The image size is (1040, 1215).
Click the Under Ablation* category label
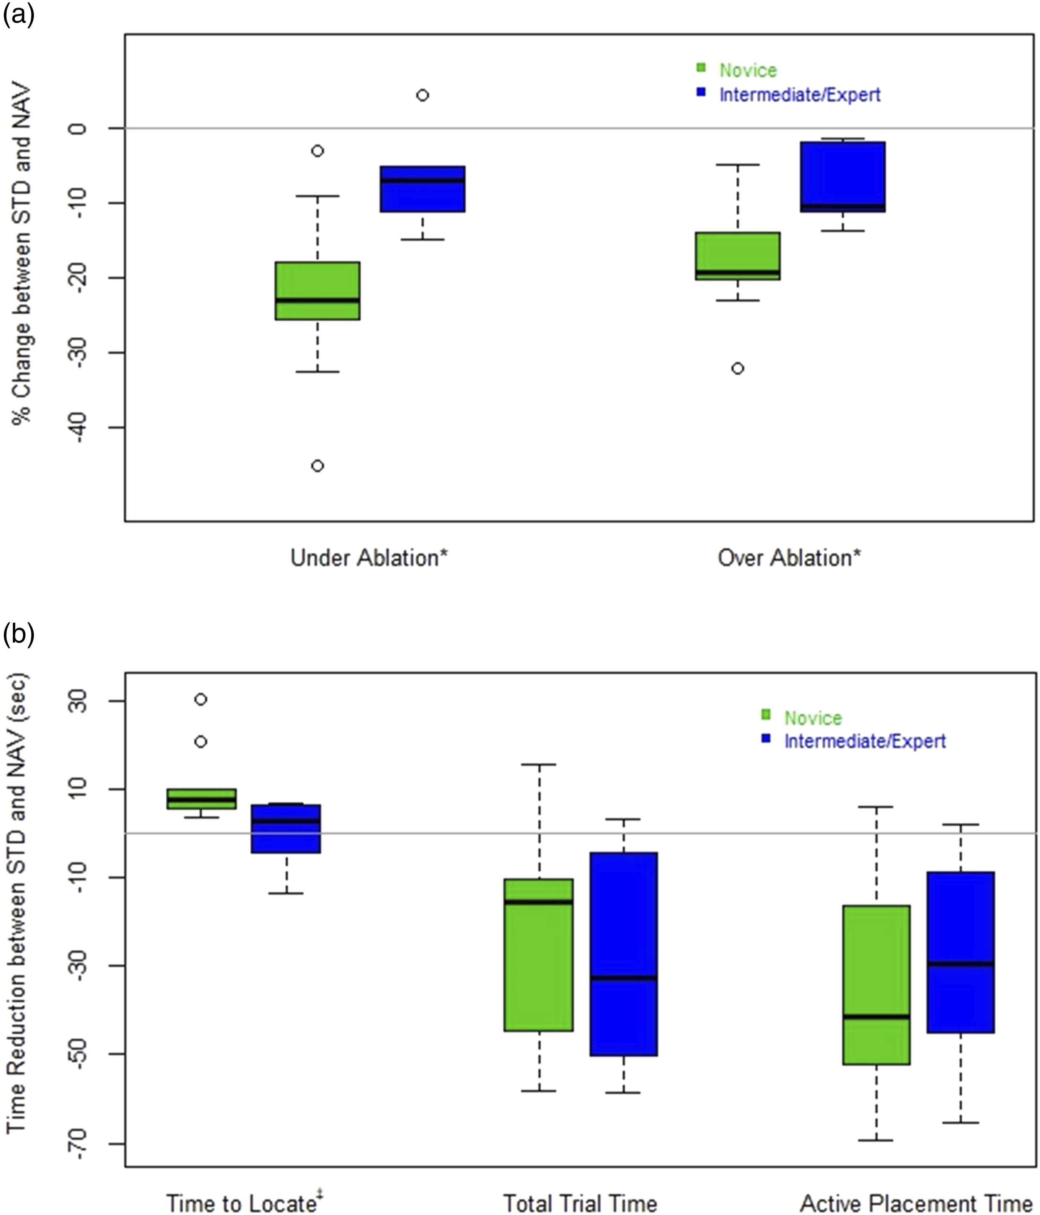pos(369,558)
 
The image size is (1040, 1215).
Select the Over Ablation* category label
pos(789,558)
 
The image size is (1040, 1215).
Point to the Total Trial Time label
pos(580,1203)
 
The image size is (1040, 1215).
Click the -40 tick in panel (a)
pos(78,428)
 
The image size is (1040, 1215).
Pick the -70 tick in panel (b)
pos(78,1143)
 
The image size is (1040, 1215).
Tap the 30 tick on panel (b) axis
pos(78,701)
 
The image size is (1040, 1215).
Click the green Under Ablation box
pos(318,291)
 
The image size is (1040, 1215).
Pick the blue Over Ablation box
pos(843,177)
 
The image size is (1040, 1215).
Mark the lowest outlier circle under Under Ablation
pos(317,466)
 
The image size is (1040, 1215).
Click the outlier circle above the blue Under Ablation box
pos(422,95)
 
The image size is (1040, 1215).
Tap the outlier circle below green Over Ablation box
pos(738,368)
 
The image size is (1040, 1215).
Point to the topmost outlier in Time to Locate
pos(201,699)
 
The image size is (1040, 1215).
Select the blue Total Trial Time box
pos(624,954)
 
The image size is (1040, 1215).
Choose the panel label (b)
pos(18,634)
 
